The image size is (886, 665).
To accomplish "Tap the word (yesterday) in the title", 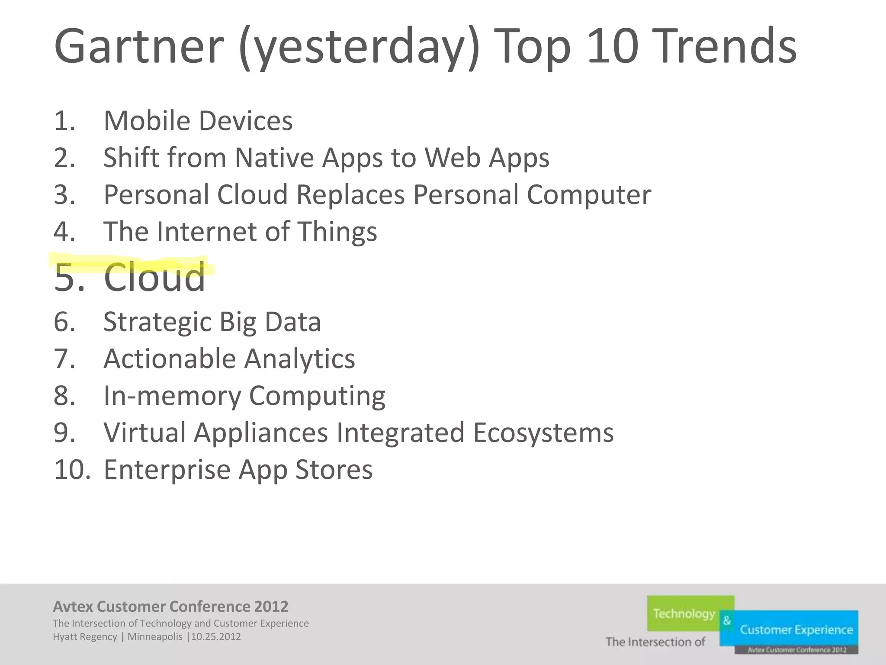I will [x=359, y=48].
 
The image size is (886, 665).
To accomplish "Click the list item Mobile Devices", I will [x=198, y=121].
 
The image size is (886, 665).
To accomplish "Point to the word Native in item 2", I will [x=274, y=158].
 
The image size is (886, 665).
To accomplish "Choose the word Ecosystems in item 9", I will [x=543, y=433].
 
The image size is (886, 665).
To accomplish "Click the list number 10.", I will [x=71, y=470].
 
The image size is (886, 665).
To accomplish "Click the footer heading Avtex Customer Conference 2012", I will [x=170, y=607].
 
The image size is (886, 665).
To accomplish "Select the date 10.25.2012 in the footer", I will [x=216, y=637].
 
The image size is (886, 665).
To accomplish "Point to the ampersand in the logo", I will [x=727, y=620].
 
